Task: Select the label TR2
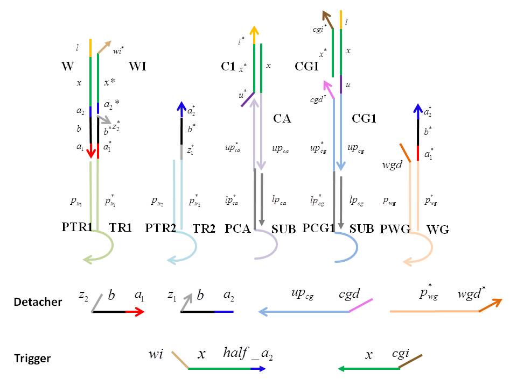point(204,228)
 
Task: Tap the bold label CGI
point(307,67)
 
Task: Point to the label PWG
point(395,228)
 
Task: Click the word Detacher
point(38,302)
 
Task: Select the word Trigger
point(33,359)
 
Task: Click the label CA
point(282,118)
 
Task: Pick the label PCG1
point(318,228)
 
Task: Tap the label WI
point(138,67)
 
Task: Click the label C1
point(228,67)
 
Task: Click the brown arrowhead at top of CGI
point(325,15)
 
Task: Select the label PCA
point(237,228)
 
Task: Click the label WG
point(438,230)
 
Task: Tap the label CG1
point(364,118)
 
